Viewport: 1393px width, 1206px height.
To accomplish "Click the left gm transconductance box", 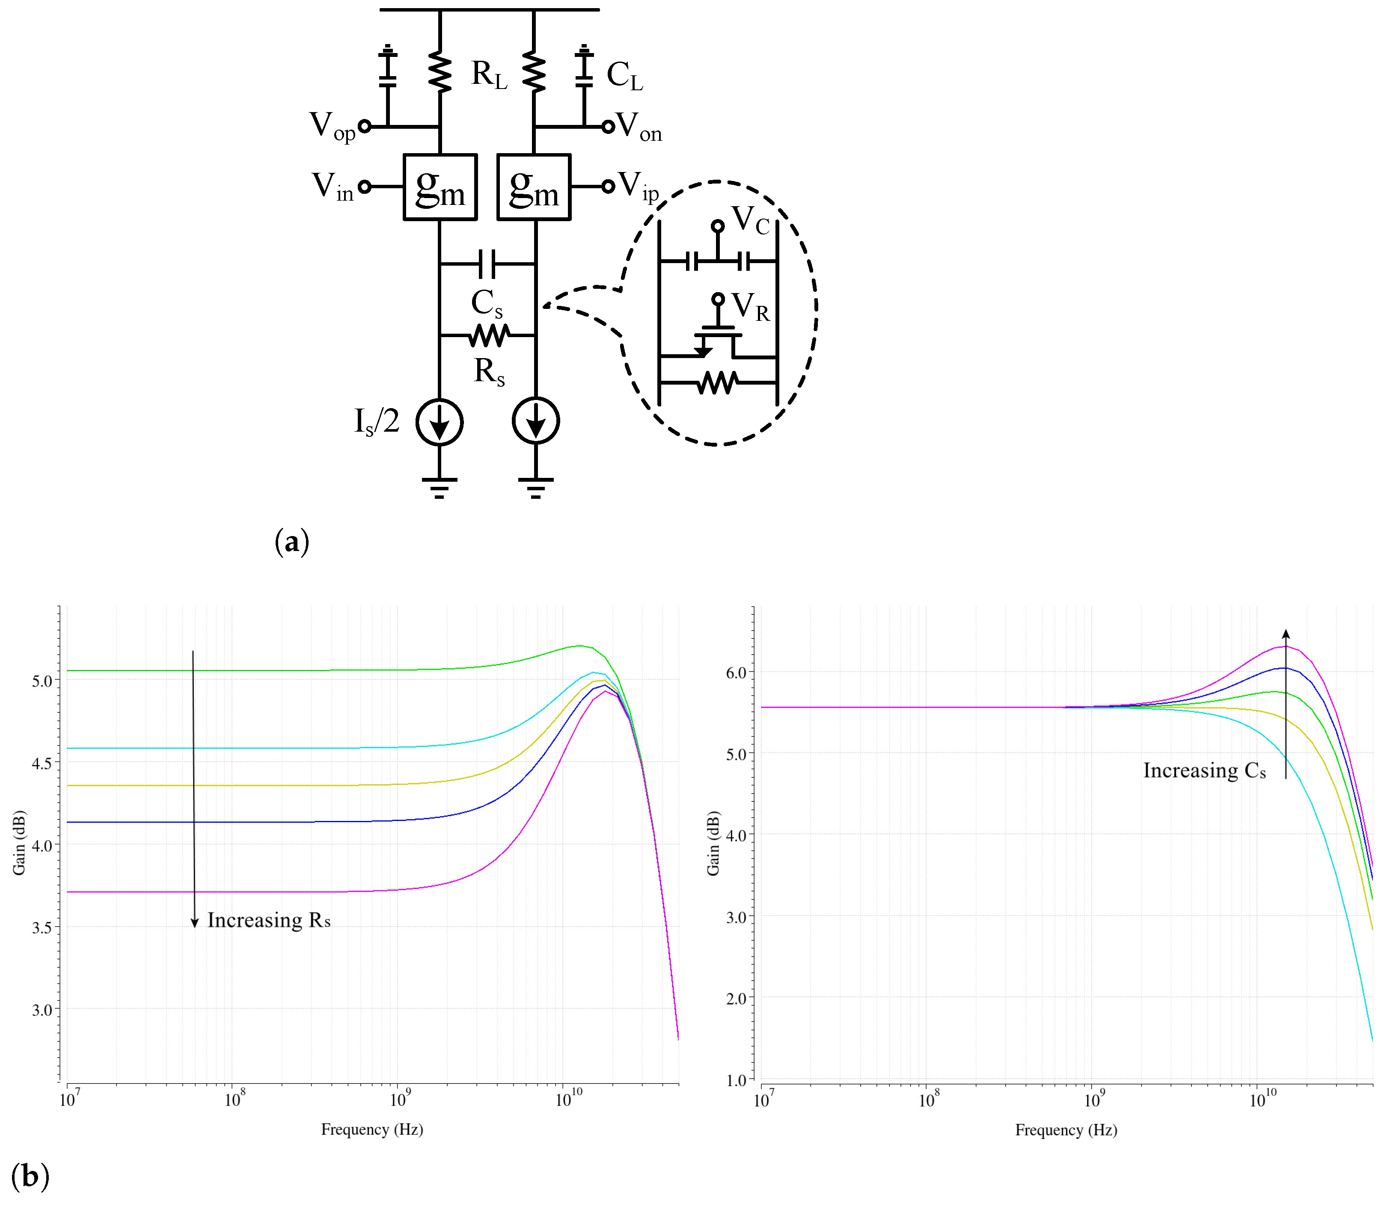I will [x=440, y=187].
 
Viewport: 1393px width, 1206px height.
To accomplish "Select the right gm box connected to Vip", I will [x=533, y=187].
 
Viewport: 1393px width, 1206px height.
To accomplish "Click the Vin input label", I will [x=333, y=187].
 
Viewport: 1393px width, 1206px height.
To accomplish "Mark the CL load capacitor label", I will [x=624, y=75].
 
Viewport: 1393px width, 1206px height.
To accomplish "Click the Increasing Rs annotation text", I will [x=269, y=920].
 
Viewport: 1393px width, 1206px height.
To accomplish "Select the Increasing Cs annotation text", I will [x=1204, y=770].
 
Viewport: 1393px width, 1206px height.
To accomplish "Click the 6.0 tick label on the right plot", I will [x=736, y=673].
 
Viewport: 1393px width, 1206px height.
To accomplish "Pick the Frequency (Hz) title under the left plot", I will [x=371, y=1129].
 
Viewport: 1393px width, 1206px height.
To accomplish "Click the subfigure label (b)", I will [x=30, y=1176].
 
